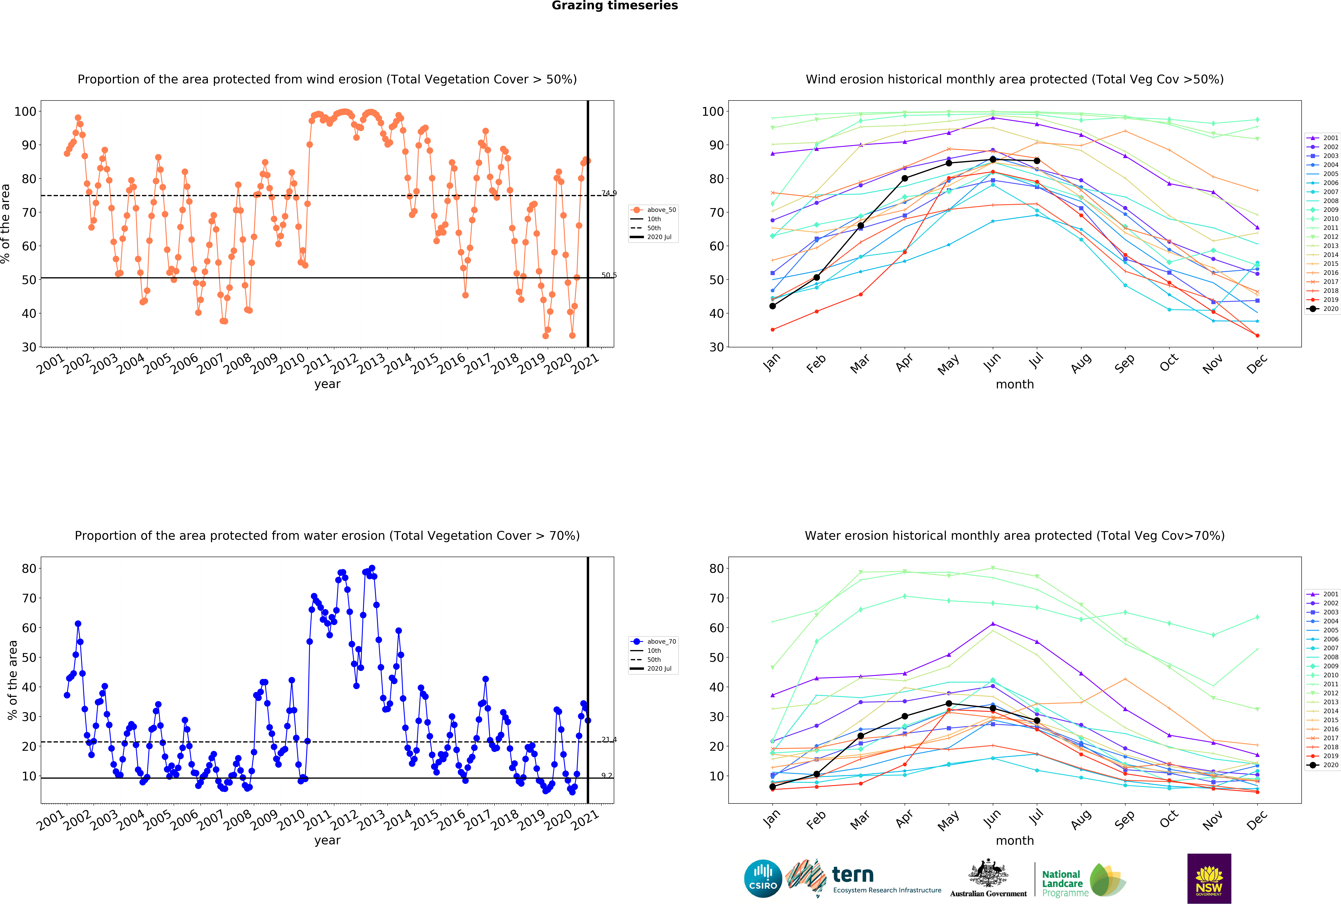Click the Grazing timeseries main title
point(614,6)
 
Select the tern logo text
point(853,875)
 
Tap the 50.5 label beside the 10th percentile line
point(609,275)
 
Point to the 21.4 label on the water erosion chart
point(609,740)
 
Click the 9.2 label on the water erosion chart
point(606,776)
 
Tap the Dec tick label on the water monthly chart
point(1257,819)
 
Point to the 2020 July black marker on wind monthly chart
point(1037,161)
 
